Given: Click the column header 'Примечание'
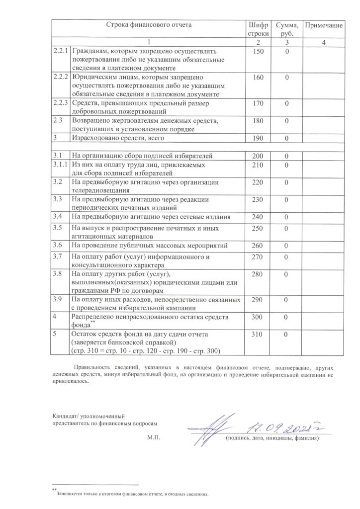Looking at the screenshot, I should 323,25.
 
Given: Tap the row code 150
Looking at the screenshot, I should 257,51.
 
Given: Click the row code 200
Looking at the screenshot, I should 257,157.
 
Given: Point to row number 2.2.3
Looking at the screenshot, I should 61,103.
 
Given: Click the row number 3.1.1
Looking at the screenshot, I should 60,165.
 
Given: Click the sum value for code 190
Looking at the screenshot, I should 287,138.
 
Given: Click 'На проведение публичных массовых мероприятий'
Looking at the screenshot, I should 150,246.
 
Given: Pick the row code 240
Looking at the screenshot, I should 257,217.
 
